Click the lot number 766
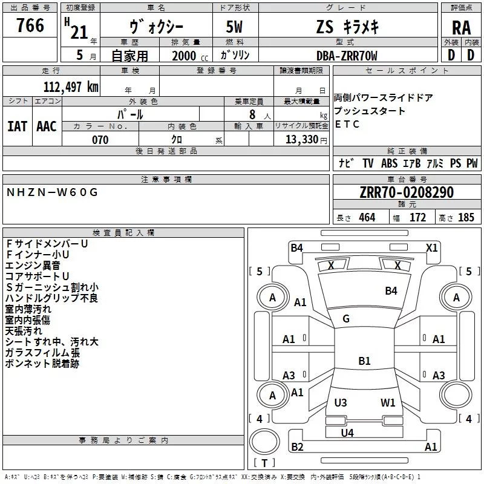30,25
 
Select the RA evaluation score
461,28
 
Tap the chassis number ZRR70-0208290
407,192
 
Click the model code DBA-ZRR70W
347,56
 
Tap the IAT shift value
18,126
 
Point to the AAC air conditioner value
47,126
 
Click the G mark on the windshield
346,319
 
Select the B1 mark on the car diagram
364,361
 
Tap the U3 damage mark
341,402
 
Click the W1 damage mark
388,402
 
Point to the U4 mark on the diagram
347,433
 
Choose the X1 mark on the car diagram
431,247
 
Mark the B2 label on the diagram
297,446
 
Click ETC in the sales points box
347,125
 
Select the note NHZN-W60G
52,192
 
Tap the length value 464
366,217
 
